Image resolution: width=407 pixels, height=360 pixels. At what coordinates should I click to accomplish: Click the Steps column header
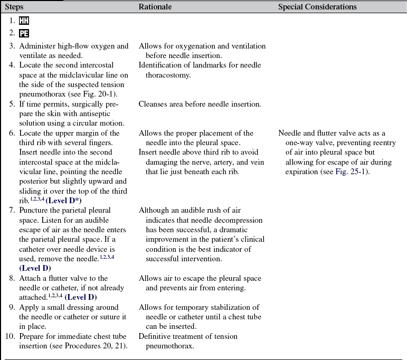15,7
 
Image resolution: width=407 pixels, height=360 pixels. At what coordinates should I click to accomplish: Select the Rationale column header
156,7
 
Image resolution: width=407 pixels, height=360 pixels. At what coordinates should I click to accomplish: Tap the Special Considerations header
317,7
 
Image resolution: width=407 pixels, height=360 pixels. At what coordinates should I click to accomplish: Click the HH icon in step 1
24,21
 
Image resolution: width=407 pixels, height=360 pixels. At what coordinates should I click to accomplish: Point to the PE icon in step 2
24,34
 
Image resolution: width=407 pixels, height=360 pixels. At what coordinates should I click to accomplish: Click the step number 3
12,46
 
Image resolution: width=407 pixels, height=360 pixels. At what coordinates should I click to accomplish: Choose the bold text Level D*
64,201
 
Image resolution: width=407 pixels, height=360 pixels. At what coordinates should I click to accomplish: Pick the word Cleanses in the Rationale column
154,104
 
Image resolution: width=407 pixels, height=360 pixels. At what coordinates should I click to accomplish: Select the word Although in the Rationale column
155,210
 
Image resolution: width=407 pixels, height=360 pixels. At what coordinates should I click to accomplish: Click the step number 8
12,278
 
